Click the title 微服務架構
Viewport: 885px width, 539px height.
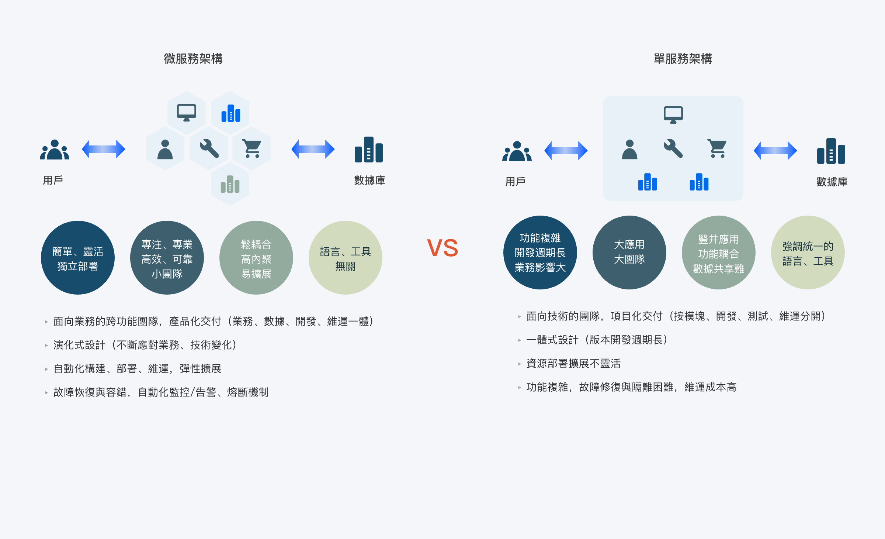point(193,59)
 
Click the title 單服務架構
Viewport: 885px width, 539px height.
point(683,59)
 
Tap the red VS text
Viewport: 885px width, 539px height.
point(442,248)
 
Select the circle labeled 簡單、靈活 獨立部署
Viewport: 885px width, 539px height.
point(78,258)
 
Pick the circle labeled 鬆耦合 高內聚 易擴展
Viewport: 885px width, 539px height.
point(256,258)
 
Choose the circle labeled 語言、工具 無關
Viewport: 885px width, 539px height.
point(346,258)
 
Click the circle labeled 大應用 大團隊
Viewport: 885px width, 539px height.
point(629,253)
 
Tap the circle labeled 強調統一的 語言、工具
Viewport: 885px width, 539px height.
point(808,253)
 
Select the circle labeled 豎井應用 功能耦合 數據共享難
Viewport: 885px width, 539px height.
point(719,253)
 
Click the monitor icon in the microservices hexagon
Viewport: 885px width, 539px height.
point(187,112)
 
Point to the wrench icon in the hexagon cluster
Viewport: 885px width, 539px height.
point(209,148)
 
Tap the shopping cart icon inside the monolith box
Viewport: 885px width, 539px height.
point(717,148)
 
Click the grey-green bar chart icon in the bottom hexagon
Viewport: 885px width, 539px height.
point(230,184)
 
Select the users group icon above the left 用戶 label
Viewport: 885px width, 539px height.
point(55,150)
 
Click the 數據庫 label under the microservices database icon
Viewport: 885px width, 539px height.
point(369,180)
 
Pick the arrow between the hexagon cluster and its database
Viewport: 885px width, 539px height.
point(313,149)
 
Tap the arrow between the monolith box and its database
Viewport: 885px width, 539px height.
point(775,151)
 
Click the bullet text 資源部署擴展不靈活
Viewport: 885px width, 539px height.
point(573,364)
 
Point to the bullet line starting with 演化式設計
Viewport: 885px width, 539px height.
point(145,345)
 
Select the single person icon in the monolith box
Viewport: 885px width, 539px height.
point(629,150)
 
